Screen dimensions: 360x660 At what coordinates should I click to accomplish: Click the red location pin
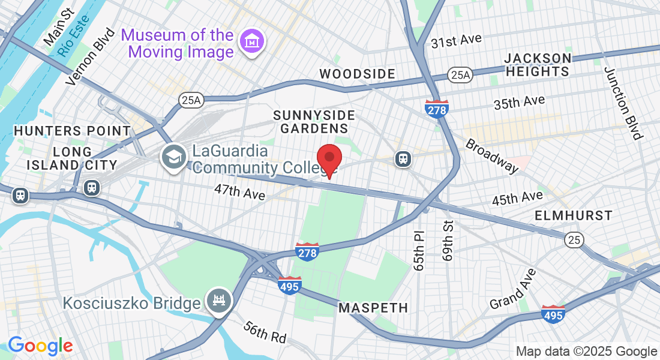click(329, 159)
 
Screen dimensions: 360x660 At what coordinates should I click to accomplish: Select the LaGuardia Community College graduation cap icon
click(173, 157)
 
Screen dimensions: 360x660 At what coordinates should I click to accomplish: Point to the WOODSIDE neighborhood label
click(357, 74)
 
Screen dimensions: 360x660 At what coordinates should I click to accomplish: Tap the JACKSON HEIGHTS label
click(538, 65)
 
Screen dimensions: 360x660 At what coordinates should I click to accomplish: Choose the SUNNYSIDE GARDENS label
click(314, 121)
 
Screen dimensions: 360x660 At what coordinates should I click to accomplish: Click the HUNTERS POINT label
click(72, 131)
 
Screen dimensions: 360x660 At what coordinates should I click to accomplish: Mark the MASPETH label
click(373, 308)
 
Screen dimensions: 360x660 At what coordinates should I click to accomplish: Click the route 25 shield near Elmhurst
click(574, 240)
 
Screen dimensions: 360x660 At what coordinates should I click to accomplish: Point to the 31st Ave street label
click(456, 41)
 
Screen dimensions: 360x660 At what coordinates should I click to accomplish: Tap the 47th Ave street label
click(240, 192)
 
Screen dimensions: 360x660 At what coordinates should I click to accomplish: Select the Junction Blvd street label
click(623, 103)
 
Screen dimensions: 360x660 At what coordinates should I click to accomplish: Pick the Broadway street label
click(491, 156)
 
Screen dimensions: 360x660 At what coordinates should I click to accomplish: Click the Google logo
click(40, 346)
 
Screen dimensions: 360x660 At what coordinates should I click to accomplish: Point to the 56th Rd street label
click(265, 332)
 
